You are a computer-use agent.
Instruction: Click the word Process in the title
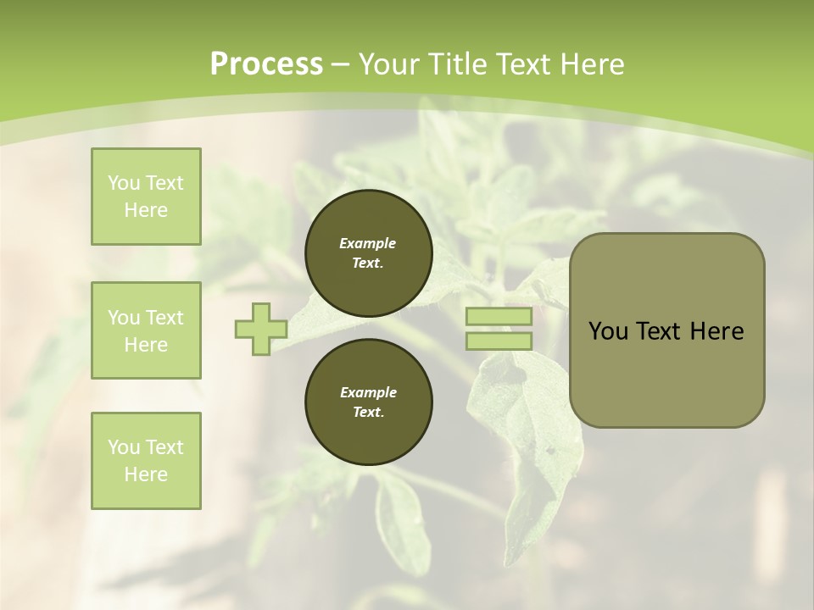(266, 64)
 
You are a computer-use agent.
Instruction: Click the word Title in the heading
(458, 64)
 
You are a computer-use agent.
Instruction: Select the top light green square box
(146, 197)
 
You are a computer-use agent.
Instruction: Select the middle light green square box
(146, 330)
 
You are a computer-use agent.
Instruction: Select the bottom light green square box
(146, 461)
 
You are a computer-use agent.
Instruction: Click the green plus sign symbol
(261, 329)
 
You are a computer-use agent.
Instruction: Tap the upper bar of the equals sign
(499, 317)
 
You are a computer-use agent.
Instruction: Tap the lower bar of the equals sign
(499, 341)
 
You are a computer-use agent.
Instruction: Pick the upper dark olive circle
(368, 252)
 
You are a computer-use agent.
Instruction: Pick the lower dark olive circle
(368, 402)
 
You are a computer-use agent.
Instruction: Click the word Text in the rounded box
(658, 331)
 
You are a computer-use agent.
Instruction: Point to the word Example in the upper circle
(368, 243)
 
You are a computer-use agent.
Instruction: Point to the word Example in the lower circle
(368, 392)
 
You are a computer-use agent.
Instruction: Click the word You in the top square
(124, 183)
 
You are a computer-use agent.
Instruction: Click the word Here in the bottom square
(146, 474)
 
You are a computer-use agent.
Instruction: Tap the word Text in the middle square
(164, 318)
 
